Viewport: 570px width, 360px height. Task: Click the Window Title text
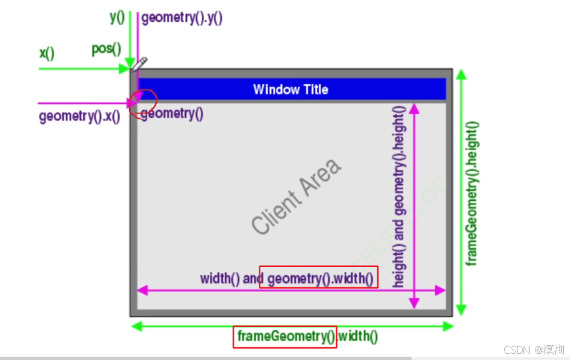[x=290, y=89]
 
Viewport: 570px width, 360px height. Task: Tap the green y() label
[x=116, y=16]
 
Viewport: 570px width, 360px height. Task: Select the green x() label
[x=46, y=53]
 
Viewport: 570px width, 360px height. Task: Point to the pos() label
[x=106, y=49]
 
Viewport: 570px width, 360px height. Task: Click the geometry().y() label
[x=181, y=17]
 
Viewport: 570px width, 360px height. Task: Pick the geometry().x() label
[x=79, y=116]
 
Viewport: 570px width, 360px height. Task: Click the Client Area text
[x=295, y=196]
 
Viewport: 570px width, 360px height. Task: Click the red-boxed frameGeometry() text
[x=286, y=337]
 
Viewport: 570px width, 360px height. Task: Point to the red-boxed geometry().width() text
[x=319, y=278]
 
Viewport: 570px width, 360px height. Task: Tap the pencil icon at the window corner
[x=140, y=64]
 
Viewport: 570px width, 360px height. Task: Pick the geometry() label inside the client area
[x=172, y=114]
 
